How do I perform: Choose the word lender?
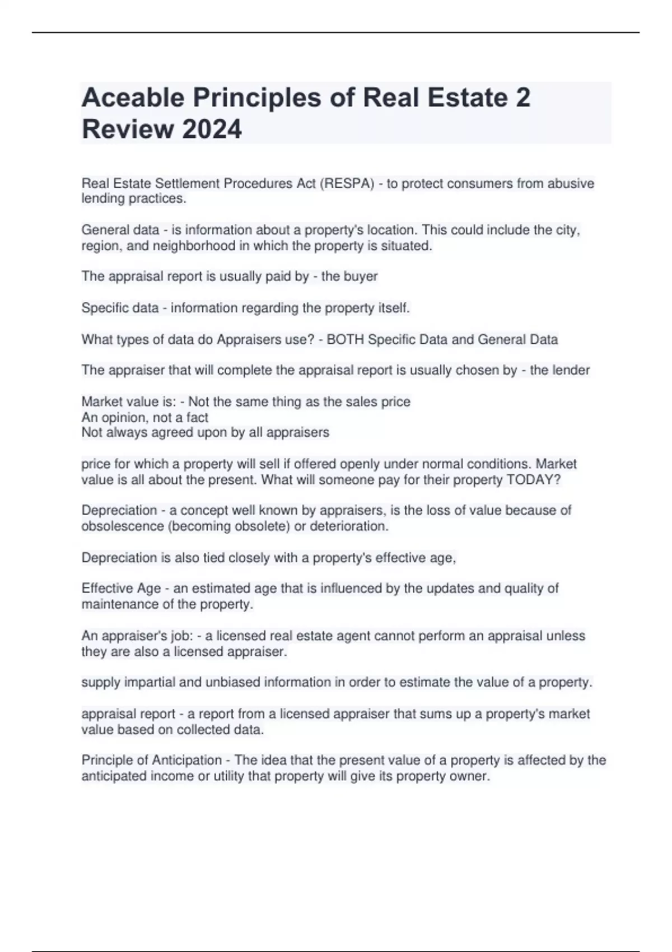click(x=569, y=370)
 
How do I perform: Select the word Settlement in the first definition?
click(x=188, y=183)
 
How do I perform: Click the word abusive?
click(x=571, y=183)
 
